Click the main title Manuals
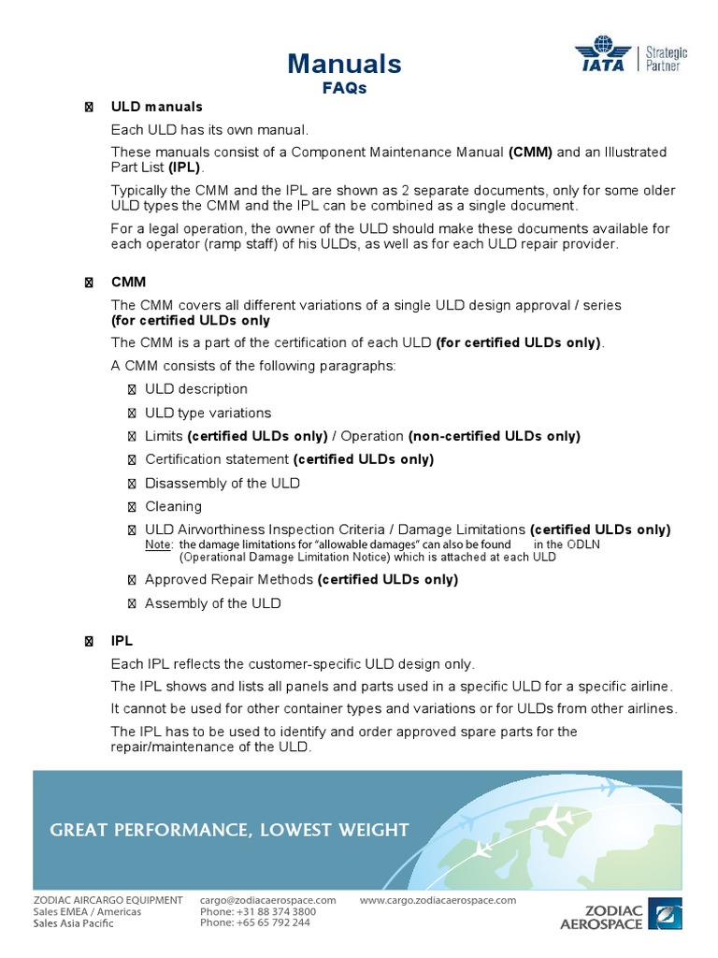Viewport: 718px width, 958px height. click(x=345, y=64)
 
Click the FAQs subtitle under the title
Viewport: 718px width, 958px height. click(x=345, y=88)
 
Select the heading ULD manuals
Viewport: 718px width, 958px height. click(x=156, y=107)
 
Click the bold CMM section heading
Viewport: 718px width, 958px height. click(x=128, y=282)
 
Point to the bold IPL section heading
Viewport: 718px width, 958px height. click(x=122, y=641)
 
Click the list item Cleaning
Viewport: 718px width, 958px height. click(x=173, y=506)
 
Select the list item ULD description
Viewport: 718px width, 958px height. click(x=196, y=389)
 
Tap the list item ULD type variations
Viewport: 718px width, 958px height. click(x=208, y=413)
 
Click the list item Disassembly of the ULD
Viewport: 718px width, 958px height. click(x=223, y=483)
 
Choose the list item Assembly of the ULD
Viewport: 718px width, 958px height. click(x=212, y=603)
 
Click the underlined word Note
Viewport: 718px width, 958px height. click(x=159, y=544)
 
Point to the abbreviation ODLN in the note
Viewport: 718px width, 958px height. click(x=583, y=544)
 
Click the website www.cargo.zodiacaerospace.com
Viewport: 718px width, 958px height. click(x=438, y=900)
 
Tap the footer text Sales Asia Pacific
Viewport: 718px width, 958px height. click(x=73, y=922)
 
